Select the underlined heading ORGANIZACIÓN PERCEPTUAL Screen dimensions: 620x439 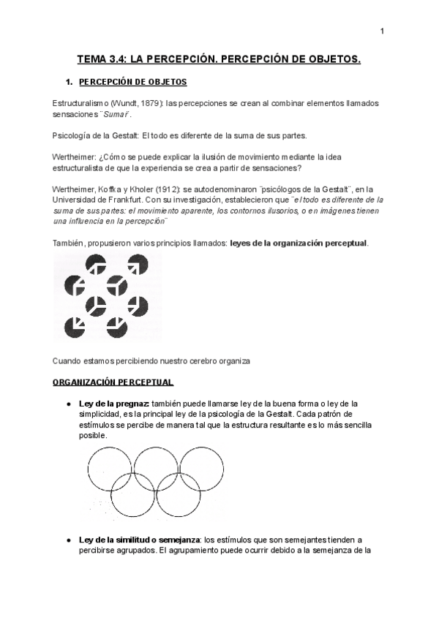113,382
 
